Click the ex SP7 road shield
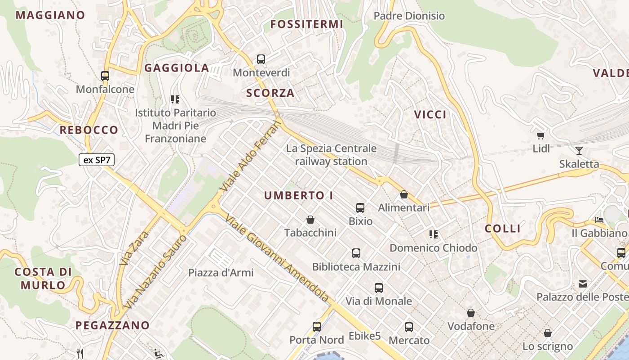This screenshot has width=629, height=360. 96,160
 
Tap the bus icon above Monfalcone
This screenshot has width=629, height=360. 105,76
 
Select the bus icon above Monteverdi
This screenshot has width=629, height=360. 261,59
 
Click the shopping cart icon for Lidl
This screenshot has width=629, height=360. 541,135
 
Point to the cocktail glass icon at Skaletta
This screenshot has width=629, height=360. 579,150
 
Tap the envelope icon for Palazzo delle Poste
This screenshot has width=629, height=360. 583,284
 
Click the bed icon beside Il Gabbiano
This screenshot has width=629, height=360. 599,220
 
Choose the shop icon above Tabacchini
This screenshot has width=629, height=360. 310,220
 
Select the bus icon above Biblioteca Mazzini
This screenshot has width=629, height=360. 356,253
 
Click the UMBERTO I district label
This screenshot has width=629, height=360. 299,195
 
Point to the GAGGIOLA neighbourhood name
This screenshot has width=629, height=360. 177,68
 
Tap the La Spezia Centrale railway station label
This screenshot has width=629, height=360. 332,155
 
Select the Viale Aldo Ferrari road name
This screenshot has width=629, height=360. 250,155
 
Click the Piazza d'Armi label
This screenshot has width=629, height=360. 221,273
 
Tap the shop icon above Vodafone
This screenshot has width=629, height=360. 471,313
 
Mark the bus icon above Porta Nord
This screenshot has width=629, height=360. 317,327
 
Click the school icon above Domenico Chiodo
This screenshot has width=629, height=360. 434,234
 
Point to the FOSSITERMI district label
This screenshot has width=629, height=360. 306,24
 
